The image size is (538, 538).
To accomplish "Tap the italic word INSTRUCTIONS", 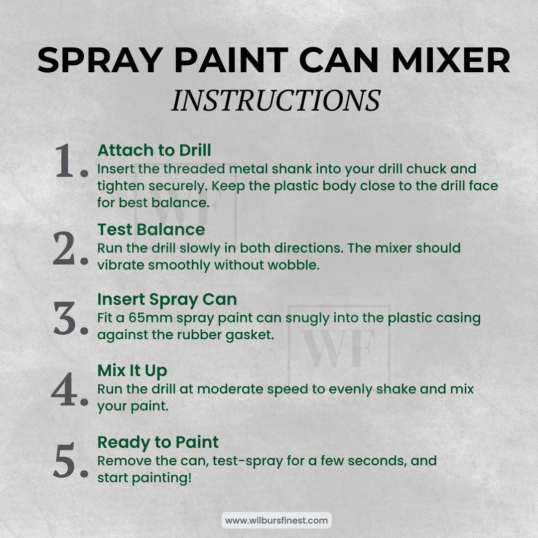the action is tap(276, 100).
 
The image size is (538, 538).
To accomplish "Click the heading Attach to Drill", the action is tap(154, 150).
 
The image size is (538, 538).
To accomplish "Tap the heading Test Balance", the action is tap(151, 230).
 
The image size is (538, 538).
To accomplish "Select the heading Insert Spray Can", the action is tap(167, 299).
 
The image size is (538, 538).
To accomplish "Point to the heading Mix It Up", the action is tap(132, 371).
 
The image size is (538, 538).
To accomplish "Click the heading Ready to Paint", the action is tap(158, 442).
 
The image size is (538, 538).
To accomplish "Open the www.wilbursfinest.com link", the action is tap(276, 521).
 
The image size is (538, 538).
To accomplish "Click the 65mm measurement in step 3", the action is tap(150, 318).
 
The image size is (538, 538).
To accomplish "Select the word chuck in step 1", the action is tap(426, 169).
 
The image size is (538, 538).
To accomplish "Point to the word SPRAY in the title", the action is tap(100, 60).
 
